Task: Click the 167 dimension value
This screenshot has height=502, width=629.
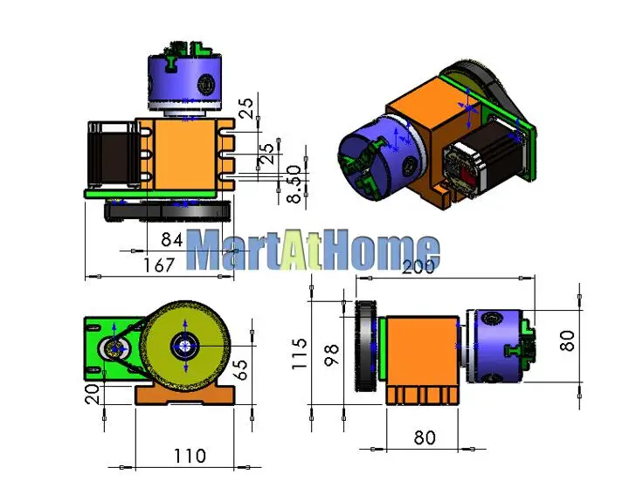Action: [159, 265]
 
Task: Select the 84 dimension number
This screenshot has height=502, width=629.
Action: [172, 240]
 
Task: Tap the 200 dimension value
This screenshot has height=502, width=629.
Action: [418, 267]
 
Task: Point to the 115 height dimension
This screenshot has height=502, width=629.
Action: [300, 354]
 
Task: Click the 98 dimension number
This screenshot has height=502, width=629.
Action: [332, 354]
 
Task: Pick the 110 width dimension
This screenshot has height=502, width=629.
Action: [190, 456]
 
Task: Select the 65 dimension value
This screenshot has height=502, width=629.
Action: [240, 369]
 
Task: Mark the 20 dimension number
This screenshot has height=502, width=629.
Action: [92, 394]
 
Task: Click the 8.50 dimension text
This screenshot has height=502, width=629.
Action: [295, 184]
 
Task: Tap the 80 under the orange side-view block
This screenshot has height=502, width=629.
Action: [425, 437]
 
